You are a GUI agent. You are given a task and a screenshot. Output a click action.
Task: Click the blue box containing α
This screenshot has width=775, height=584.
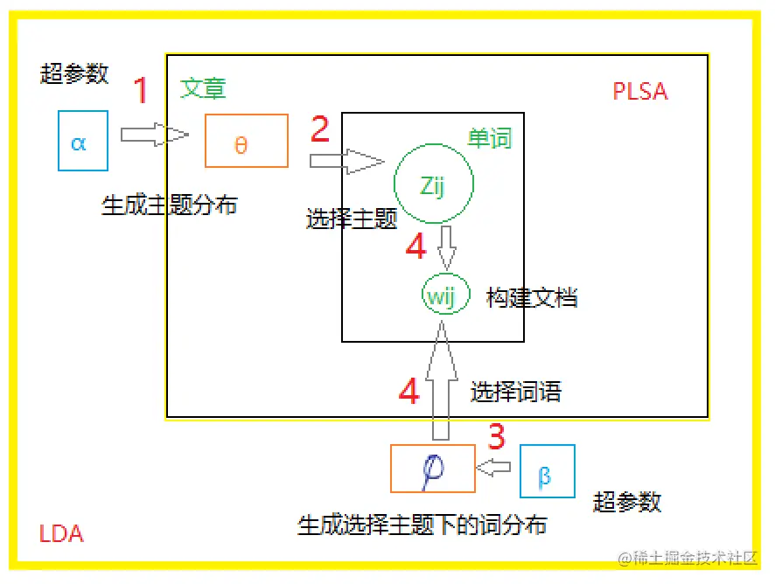[x=83, y=140]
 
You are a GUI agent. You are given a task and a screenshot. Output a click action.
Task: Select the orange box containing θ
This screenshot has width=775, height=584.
[x=246, y=141]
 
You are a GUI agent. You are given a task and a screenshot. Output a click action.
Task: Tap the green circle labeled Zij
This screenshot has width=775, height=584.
[x=434, y=184]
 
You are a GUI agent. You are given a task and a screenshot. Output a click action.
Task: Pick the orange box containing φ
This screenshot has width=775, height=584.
[x=432, y=469]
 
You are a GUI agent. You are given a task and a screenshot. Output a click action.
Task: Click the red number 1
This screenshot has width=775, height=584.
[x=141, y=91]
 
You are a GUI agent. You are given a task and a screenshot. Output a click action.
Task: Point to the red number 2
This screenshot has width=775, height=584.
[x=320, y=129]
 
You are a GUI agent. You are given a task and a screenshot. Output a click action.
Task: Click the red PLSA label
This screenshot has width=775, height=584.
[x=640, y=92]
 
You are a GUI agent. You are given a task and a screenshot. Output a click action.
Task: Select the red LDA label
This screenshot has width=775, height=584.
[x=62, y=533]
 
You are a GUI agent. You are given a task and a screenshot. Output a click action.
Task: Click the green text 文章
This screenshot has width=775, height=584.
[x=203, y=88]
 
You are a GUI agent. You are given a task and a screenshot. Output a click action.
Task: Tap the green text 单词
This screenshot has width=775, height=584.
[x=489, y=138]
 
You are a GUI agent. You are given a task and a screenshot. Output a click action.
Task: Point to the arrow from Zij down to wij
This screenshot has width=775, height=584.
[x=447, y=248]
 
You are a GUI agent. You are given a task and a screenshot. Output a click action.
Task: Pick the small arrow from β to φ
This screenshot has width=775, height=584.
[x=495, y=469]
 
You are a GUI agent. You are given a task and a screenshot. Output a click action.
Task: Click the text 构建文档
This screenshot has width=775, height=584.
[x=532, y=297]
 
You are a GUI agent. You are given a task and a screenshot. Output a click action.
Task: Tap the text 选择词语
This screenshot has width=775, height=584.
[x=515, y=393]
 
